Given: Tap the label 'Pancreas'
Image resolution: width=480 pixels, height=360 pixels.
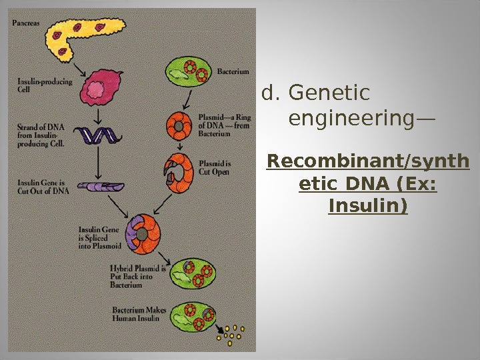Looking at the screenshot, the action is (25, 21).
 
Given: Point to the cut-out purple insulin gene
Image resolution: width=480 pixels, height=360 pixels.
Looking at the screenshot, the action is (99, 188).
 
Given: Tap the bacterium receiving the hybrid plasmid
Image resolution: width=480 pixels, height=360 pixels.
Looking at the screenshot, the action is (193, 273).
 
